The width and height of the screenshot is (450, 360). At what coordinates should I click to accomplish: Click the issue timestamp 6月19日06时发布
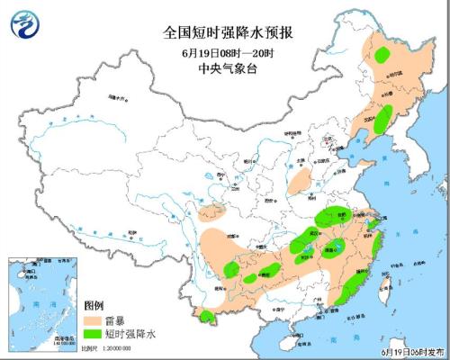pyautogui.click(x=413, y=350)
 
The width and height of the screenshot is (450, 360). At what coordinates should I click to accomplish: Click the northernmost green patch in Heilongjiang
pyautogui.click(x=381, y=53)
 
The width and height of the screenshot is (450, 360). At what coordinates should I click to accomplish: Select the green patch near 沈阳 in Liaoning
pyautogui.click(x=382, y=117)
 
